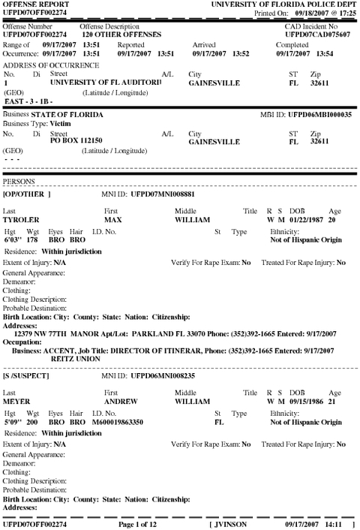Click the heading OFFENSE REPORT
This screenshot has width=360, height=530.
(x=30, y=5)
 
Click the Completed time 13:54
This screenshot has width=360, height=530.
(x=330, y=53)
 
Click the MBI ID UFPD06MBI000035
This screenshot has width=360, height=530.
(x=320, y=114)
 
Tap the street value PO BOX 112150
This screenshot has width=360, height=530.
(x=75, y=140)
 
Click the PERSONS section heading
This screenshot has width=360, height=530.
(x=19, y=182)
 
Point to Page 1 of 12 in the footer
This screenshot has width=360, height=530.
(x=142, y=524)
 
